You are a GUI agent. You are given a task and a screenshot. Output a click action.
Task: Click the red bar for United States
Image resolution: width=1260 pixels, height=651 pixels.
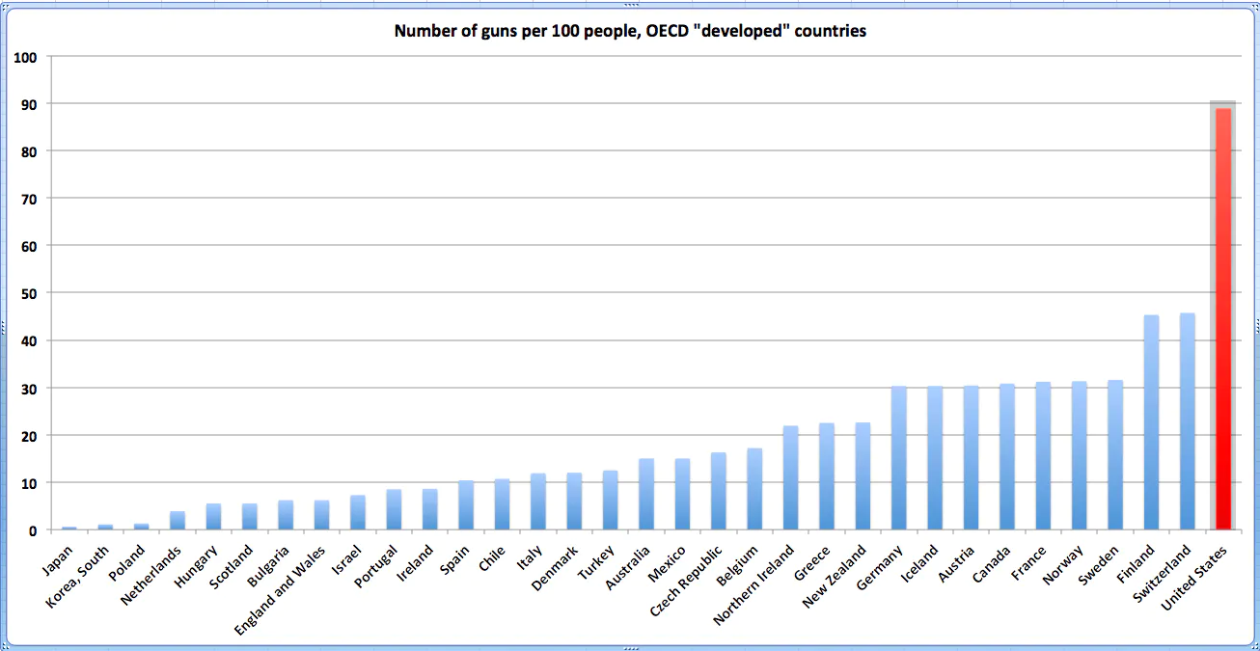point(1222,318)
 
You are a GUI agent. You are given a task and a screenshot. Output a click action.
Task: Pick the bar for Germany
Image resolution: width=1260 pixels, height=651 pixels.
point(898,458)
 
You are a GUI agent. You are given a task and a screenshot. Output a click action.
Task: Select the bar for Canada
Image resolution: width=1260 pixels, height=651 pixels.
point(1006,457)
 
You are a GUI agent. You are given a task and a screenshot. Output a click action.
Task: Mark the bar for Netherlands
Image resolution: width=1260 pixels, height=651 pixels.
point(178,520)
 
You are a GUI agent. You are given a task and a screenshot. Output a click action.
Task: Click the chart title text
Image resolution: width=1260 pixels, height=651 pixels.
point(630,32)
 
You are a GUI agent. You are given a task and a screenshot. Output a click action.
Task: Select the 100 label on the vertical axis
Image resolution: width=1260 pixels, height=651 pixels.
point(26,57)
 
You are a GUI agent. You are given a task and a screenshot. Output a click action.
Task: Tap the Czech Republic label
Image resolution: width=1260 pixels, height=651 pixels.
point(687,582)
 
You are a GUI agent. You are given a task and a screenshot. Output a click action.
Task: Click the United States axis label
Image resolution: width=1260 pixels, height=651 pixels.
point(1196,578)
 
